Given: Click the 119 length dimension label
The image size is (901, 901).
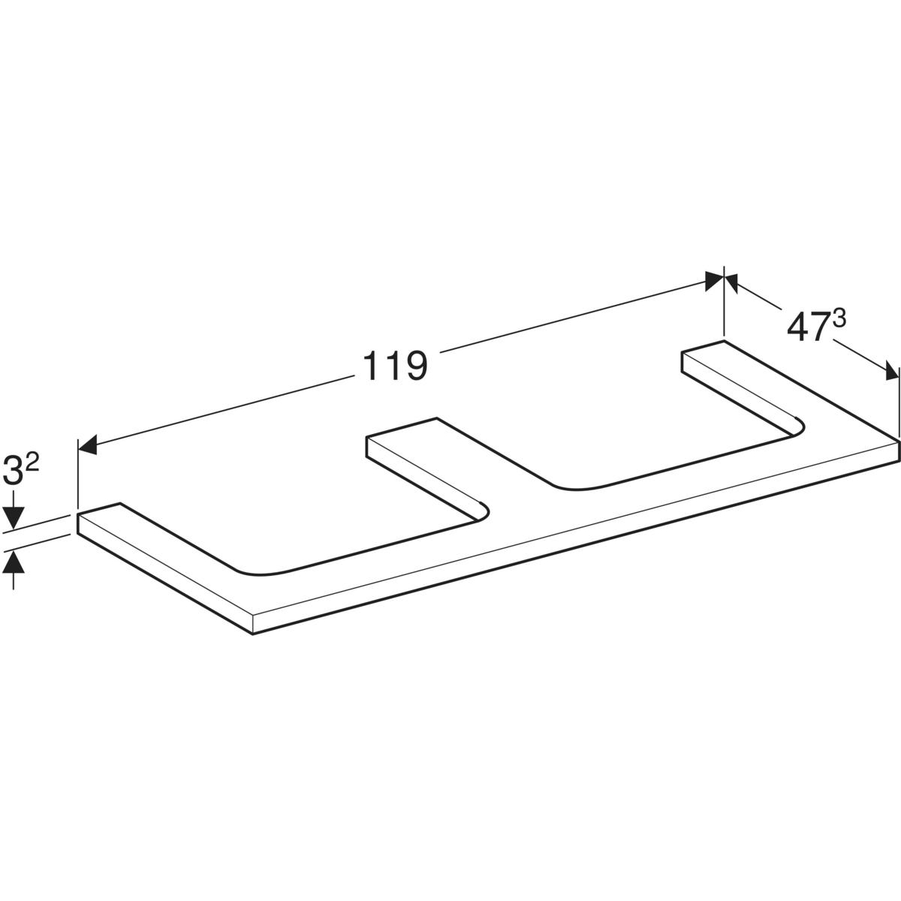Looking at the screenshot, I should click(x=395, y=366).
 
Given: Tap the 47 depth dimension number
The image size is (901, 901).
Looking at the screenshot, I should click(x=806, y=327).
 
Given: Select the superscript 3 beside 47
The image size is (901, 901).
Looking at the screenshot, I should click(x=839, y=319).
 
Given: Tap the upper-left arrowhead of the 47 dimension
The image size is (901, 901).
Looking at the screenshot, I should click(x=733, y=283).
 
